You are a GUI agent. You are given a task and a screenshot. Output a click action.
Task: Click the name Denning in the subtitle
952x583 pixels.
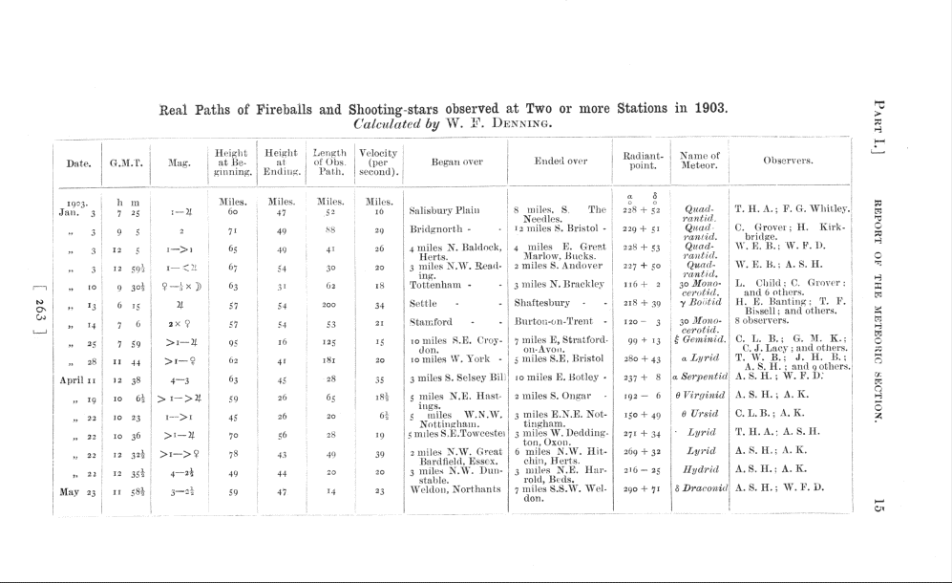(x=522, y=123)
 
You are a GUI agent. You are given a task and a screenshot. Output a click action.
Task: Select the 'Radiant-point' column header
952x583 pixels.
(x=643, y=161)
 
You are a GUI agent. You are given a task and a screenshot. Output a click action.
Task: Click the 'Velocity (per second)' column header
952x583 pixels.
(x=378, y=161)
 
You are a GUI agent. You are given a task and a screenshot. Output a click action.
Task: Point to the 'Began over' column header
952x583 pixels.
(x=456, y=162)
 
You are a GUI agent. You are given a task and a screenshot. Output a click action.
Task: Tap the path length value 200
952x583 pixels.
(x=330, y=303)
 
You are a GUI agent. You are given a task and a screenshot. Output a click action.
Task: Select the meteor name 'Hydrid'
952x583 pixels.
(x=700, y=469)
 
